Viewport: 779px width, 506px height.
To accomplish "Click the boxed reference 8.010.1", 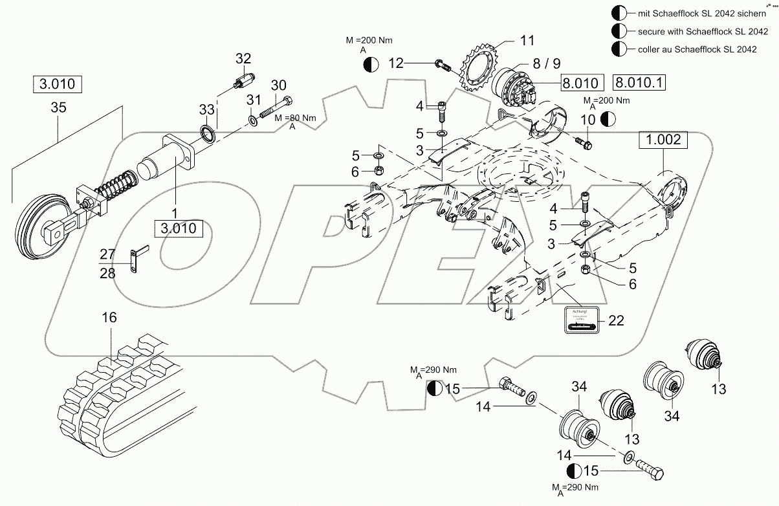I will tap(640, 83).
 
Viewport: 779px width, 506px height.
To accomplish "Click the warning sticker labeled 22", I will tap(580, 320).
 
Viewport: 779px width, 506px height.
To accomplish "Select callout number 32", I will tap(243, 59).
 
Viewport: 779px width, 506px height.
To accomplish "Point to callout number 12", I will tap(396, 63).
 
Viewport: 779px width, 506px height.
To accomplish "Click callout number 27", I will tap(107, 254).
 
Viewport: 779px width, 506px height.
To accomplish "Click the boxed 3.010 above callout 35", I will tap(58, 84).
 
